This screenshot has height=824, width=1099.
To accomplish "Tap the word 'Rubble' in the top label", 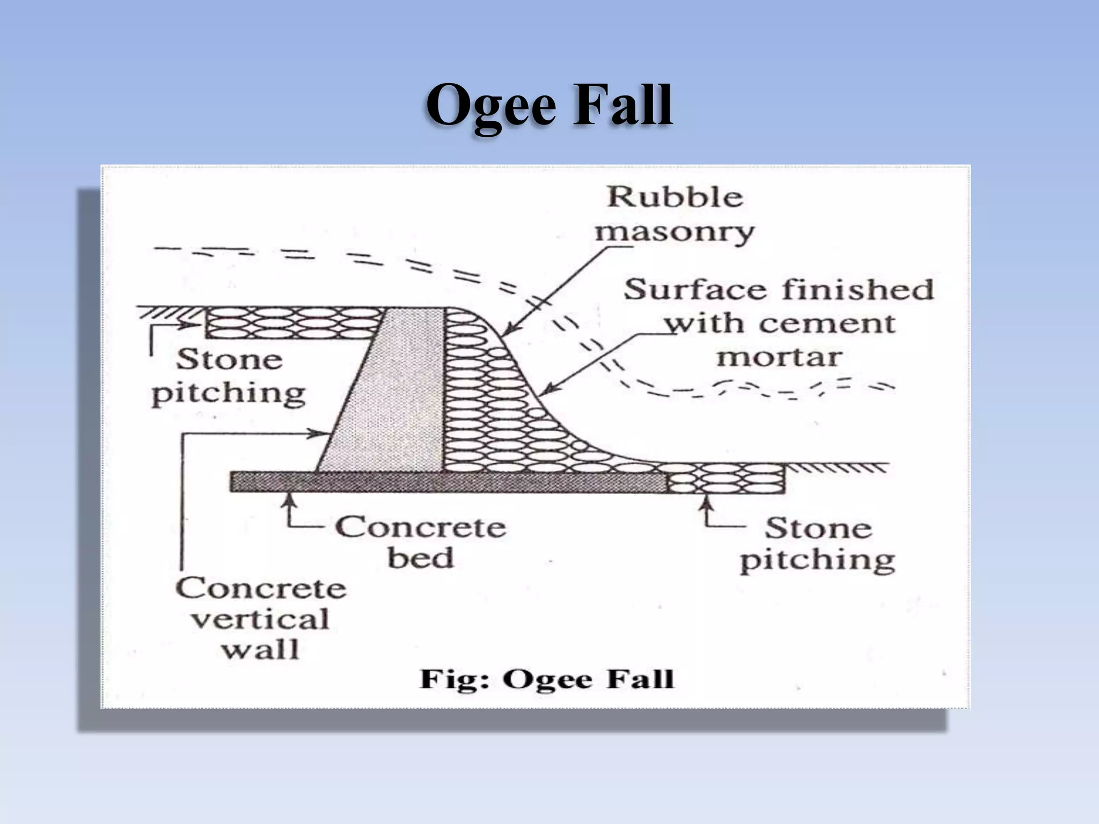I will click(x=675, y=197).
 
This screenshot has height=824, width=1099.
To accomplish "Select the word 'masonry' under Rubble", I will click(x=674, y=233).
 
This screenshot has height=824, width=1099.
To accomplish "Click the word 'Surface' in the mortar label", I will click(x=695, y=290).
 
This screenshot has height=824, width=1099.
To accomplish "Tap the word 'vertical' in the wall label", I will click(x=260, y=620).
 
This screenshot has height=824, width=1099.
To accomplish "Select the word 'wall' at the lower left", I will click(x=260, y=650).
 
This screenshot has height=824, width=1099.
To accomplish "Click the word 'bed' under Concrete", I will click(x=420, y=558).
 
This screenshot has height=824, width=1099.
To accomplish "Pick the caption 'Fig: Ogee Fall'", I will click(x=546, y=679).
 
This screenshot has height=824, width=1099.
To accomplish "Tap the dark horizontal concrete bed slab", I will click(x=445, y=482).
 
